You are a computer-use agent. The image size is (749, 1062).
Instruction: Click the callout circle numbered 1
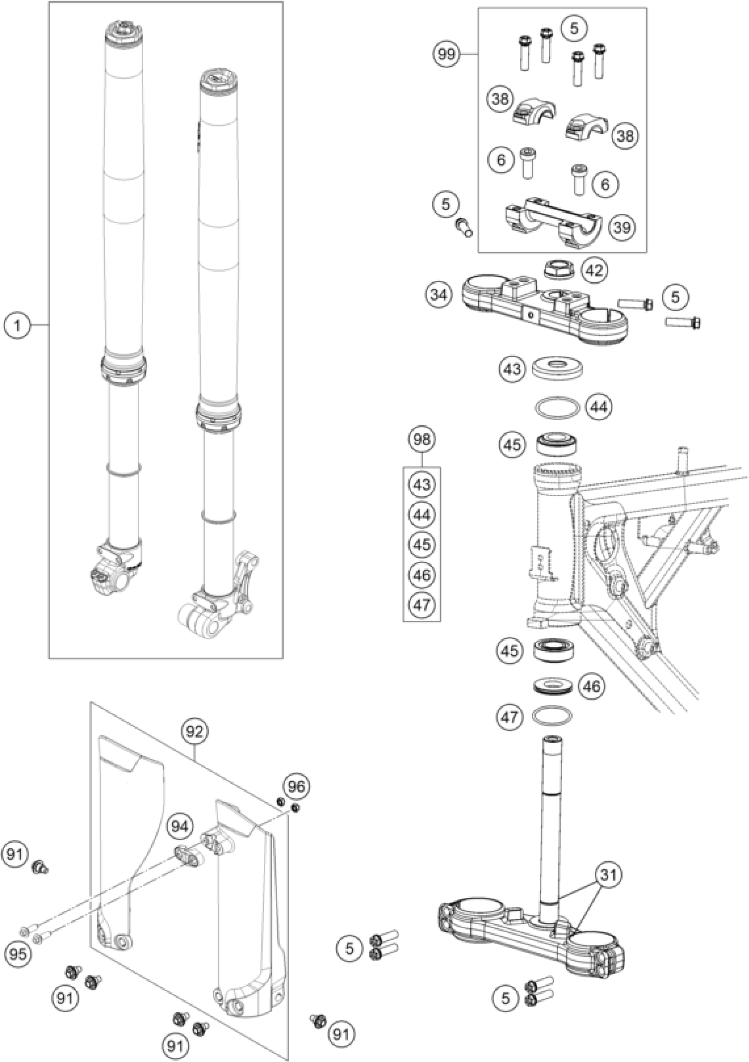click(17, 326)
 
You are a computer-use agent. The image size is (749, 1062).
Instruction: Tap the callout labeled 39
click(623, 228)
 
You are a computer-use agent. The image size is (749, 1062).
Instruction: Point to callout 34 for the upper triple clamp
click(438, 294)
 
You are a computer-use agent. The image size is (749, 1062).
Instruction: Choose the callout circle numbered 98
click(422, 439)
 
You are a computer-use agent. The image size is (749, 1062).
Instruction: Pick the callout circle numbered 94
click(180, 826)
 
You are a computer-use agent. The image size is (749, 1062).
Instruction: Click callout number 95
click(18, 953)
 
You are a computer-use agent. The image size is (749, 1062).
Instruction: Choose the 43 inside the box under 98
click(422, 485)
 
